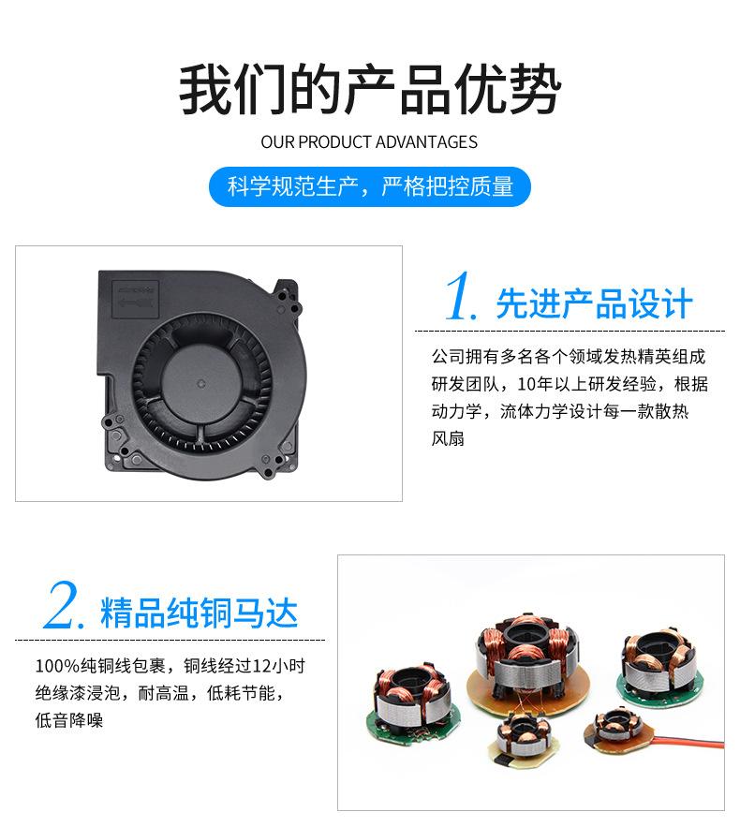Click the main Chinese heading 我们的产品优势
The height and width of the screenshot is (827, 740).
pos(370,90)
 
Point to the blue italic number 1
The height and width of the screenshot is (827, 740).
pos(462,298)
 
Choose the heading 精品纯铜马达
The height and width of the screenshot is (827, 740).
pos(200,613)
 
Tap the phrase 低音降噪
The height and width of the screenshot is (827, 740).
pos(69,720)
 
